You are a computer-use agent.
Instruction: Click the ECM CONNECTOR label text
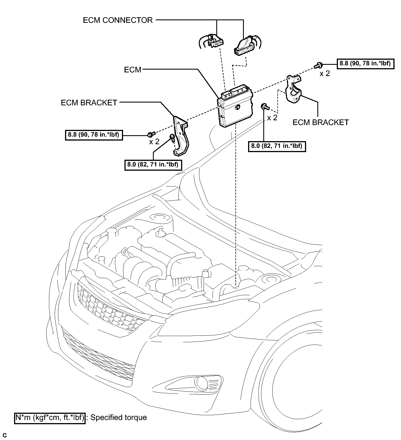pyautogui.click(x=118, y=20)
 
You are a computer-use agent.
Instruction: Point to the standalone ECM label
pyautogui.click(x=133, y=70)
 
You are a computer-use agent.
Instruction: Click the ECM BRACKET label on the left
pyautogui.click(x=89, y=103)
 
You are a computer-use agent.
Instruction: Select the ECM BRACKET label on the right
pyautogui.click(x=321, y=122)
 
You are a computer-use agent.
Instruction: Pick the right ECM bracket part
pyautogui.click(x=294, y=90)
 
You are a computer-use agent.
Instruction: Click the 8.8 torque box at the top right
pyautogui.click(x=365, y=63)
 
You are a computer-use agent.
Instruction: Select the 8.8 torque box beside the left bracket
pyautogui.click(x=93, y=135)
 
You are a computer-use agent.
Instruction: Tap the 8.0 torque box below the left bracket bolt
pyautogui.click(x=153, y=165)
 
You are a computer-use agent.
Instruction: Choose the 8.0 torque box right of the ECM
pyautogui.click(x=277, y=146)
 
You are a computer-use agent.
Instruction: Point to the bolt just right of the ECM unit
pyautogui.click(x=265, y=106)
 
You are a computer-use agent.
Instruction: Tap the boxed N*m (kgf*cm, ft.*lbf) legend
pyautogui.click(x=50, y=417)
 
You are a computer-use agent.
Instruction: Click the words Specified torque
pyautogui.click(x=119, y=417)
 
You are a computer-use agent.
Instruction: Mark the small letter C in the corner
pyautogui.click(x=5, y=435)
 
